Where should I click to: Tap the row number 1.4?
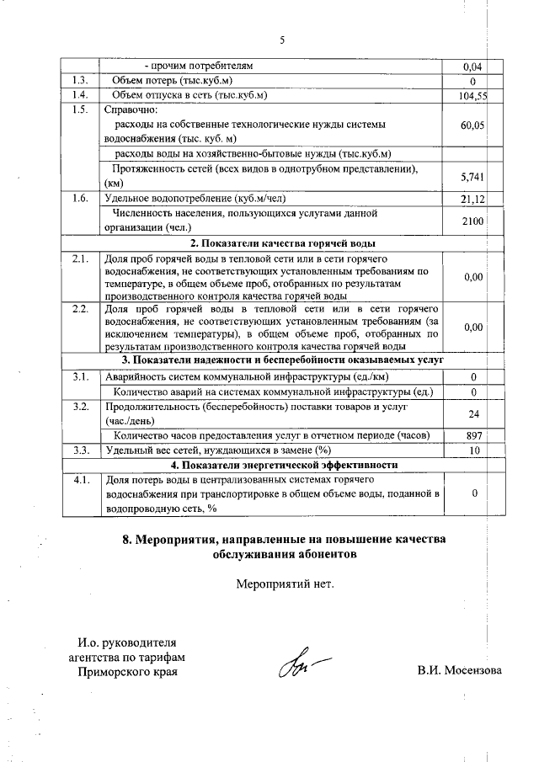coord(81,95)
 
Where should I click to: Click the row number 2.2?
coord(81,309)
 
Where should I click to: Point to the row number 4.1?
coord(81,480)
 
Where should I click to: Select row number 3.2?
coord(81,407)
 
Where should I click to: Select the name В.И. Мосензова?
coord(459,671)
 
